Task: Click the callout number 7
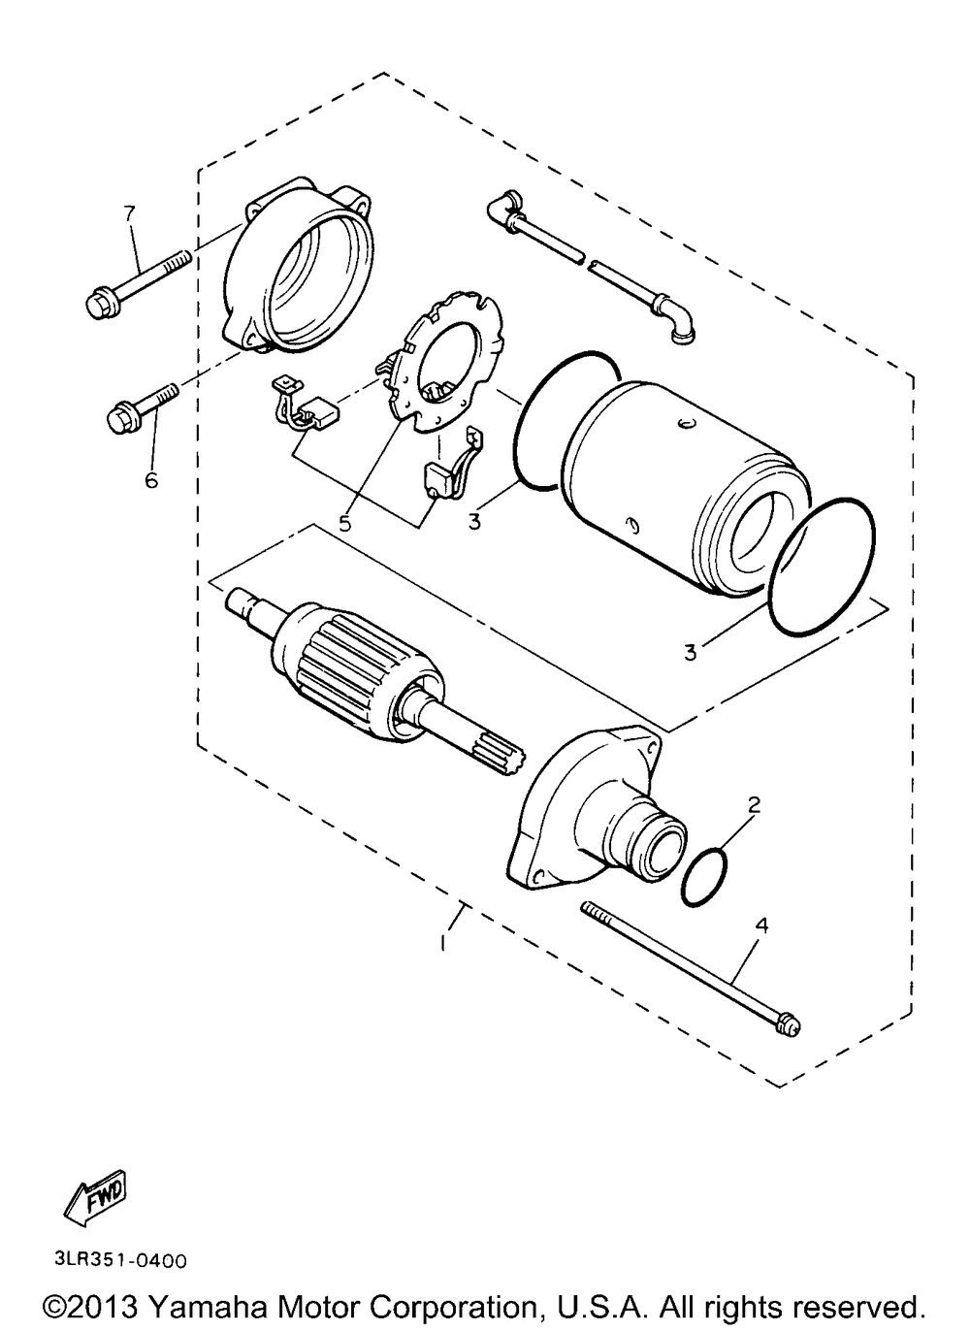[129, 212]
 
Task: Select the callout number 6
[151, 479]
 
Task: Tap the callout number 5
[345, 523]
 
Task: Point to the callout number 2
[754, 804]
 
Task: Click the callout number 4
[762, 925]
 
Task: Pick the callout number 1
[443, 945]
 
